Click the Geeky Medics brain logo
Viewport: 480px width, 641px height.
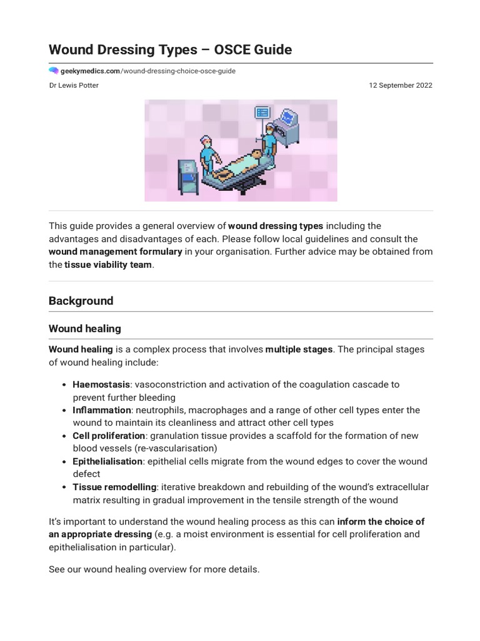tap(54, 71)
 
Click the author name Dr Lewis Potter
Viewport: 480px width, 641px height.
tap(74, 86)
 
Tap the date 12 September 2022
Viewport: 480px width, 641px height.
tap(400, 86)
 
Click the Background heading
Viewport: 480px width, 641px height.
tap(81, 300)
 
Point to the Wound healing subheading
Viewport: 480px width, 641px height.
tap(85, 329)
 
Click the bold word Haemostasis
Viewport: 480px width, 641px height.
tap(101, 384)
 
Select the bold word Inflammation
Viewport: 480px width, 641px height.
tap(102, 410)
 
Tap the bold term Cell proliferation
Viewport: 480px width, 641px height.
tap(109, 436)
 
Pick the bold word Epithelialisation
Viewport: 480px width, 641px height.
tap(107, 461)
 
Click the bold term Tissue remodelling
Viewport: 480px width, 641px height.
tap(114, 487)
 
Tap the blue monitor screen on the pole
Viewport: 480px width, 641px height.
tap(261, 113)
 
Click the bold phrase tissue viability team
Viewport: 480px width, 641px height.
tap(107, 265)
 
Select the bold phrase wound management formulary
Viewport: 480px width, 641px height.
tap(116, 252)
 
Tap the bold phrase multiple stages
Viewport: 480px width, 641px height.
tap(299, 349)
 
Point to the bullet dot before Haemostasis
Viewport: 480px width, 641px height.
tap(65, 384)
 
